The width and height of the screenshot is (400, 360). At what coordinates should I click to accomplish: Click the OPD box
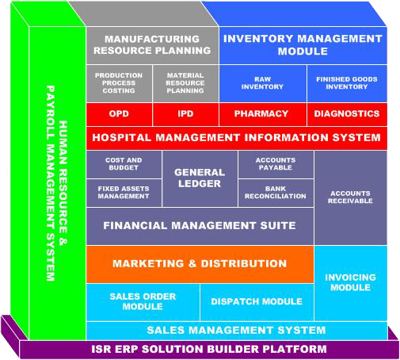pos(120,114)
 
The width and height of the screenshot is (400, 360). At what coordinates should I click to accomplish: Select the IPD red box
pos(185,114)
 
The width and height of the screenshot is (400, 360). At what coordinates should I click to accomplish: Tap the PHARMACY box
pos(263,114)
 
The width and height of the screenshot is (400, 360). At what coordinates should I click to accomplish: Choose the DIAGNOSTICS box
pos(347,114)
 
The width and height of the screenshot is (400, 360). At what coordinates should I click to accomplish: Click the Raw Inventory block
pos(263,83)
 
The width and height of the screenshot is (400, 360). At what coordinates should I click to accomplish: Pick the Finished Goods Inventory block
pos(347,83)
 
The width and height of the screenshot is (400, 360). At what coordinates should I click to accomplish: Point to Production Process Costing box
pos(120,83)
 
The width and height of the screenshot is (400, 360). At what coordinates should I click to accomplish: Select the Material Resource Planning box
pos(185,83)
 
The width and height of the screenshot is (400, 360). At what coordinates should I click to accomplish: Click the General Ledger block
pos(200,178)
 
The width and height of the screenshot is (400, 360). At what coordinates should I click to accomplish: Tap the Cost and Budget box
pos(124,164)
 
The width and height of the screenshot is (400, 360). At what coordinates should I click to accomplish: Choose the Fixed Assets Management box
pos(124,193)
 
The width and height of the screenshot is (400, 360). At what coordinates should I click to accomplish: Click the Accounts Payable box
pos(276,164)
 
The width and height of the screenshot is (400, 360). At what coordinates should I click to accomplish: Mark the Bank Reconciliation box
pos(276,193)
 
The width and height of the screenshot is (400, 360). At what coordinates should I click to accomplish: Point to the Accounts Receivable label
pos(350,197)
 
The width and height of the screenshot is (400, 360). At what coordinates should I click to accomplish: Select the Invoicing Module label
pos(350,282)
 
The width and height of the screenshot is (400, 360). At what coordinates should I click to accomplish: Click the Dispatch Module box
pos(257,302)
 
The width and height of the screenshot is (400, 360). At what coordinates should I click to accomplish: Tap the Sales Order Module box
pos(143,302)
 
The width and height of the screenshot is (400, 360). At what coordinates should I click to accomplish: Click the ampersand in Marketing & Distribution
pos(192,263)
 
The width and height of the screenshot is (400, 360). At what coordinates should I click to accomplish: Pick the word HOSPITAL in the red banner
pos(121,138)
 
